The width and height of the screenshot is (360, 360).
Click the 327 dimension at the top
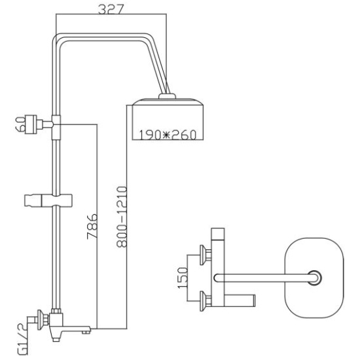pos(111,9)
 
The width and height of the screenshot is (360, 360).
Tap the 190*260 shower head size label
pos(168,135)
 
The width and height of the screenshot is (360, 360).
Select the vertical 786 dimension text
pos(92,226)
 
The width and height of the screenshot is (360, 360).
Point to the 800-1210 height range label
pos(122,217)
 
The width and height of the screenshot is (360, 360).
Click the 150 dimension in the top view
pos(183,278)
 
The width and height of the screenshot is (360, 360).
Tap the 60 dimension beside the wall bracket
pos(20,124)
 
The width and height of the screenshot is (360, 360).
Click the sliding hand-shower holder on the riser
pos(48,200)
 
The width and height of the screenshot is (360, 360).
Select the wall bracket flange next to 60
pos(31,124)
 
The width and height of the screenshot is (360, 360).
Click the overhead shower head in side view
pos(168,119)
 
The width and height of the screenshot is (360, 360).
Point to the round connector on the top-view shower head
pos(314,278)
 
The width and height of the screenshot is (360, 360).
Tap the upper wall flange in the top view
pos(203,255)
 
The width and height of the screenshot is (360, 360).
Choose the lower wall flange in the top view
pos(203,301)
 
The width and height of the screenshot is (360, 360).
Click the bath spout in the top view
pos(240,300)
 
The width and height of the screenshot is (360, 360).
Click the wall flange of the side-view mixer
pos(41,320)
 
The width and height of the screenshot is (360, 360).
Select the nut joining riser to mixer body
pos(56,311)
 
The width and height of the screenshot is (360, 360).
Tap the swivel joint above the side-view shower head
pos(167,96)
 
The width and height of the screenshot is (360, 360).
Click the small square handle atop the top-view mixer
pos(218,234)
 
